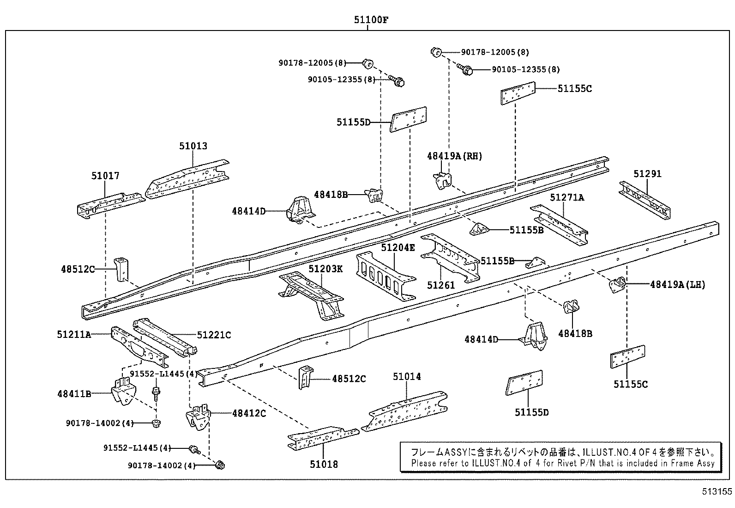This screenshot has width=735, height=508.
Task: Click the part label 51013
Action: point(193,146)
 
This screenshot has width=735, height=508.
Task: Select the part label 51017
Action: point(105,176)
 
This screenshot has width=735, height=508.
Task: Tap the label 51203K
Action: point(325,269)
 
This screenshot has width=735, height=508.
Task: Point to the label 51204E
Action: point(398,248)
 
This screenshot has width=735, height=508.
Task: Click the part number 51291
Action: point(647,174)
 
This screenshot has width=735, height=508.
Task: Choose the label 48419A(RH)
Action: point(454,156)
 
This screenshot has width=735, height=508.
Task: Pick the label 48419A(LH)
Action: point(677,285)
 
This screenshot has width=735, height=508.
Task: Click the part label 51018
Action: point(324,465)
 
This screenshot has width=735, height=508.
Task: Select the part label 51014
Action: point(407,377)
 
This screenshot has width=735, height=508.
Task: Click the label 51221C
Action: point(214,334)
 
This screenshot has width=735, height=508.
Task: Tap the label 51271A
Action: point(567,197)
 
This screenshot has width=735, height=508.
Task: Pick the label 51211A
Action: point(74,334)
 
